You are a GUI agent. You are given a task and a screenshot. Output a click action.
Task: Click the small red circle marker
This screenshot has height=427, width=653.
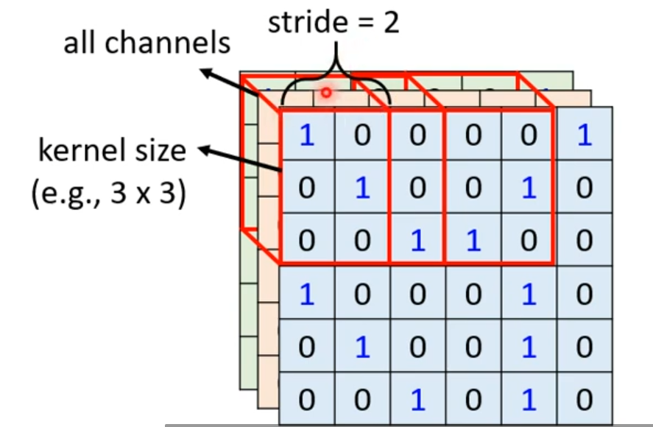[325, 93]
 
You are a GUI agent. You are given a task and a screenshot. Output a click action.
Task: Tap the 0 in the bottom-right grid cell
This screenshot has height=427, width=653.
[585, 400]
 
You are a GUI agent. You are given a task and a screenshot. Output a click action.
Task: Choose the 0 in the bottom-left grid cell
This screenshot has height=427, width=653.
[307, 400]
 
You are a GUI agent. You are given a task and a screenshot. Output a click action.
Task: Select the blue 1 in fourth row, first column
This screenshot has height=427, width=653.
[307, 294]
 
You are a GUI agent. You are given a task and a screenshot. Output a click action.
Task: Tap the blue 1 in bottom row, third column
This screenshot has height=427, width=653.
[418, 400]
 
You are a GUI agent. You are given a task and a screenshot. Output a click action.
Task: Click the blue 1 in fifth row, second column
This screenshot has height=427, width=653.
[362, 347]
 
